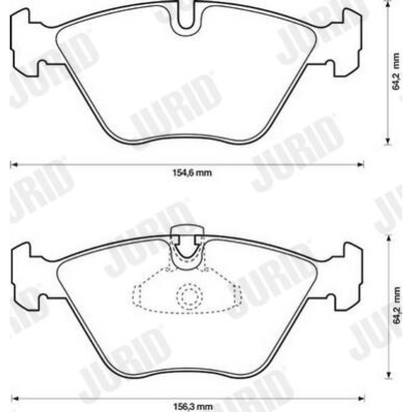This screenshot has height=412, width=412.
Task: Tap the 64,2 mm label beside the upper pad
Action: pos(396,73)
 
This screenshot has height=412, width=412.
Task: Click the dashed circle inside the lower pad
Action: pos(187,296)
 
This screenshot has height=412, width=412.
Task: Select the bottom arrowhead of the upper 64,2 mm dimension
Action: pos(387,140)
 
